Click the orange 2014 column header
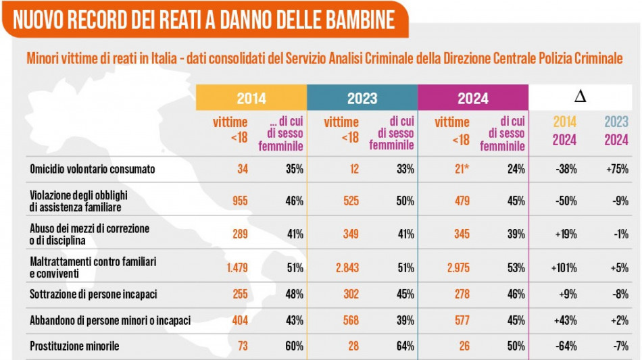(x=251, y=99)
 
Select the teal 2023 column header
(x=362, y=99)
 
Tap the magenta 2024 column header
(x=473, y=99)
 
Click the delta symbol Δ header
(x=580, y=97)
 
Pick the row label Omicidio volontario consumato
(x=93, y=169)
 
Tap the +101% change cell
(x=564, y=267)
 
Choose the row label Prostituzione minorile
(x=74, y=346)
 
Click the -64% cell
(x=566, y=346)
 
